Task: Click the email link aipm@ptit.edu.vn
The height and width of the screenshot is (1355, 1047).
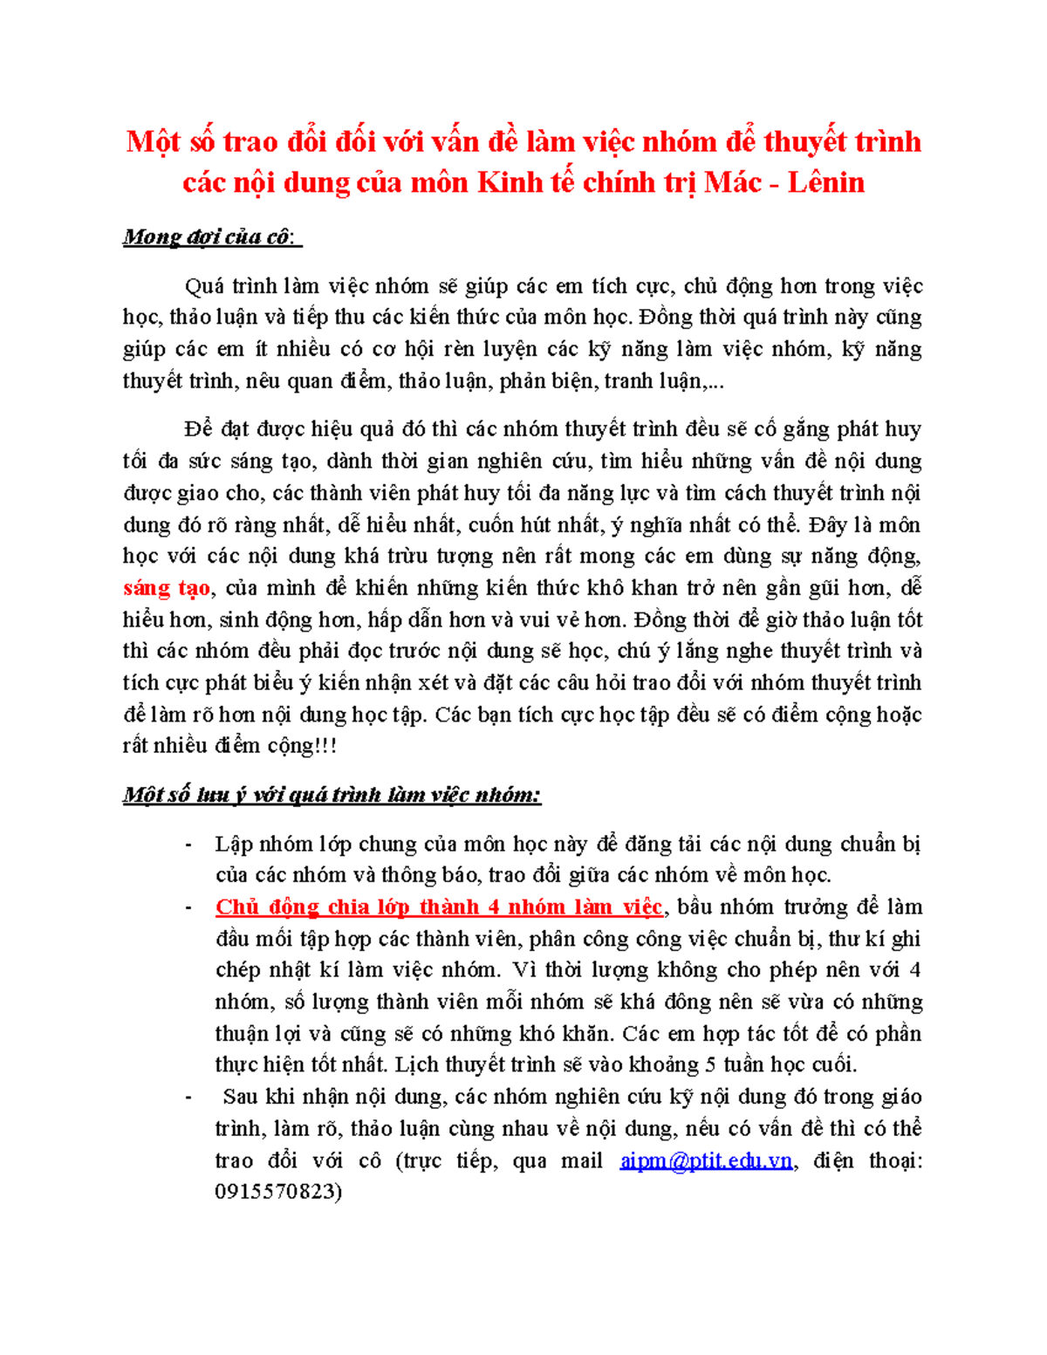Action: (x=706, y=1160)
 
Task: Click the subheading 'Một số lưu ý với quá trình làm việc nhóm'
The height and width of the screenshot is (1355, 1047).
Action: (x=332, y=795)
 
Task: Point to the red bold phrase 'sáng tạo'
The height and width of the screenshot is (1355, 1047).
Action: (x=167, y=588)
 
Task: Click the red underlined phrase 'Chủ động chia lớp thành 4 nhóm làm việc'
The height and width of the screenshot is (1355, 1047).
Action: (x=439, y=907)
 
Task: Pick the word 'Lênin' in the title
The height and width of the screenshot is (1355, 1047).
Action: (x=826, y=182)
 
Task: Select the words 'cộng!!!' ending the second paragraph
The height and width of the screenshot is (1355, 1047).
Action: (x=302, y=746)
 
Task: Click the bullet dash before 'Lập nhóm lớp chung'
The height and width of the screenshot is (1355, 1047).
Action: (x=188, y=845)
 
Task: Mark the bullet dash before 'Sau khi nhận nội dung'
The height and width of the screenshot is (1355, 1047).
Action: (x=188, y=1098)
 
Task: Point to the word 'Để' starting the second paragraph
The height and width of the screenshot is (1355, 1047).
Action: (x=199, y=429)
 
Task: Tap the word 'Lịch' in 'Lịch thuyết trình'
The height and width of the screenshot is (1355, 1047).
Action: (x=416, y=1065)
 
